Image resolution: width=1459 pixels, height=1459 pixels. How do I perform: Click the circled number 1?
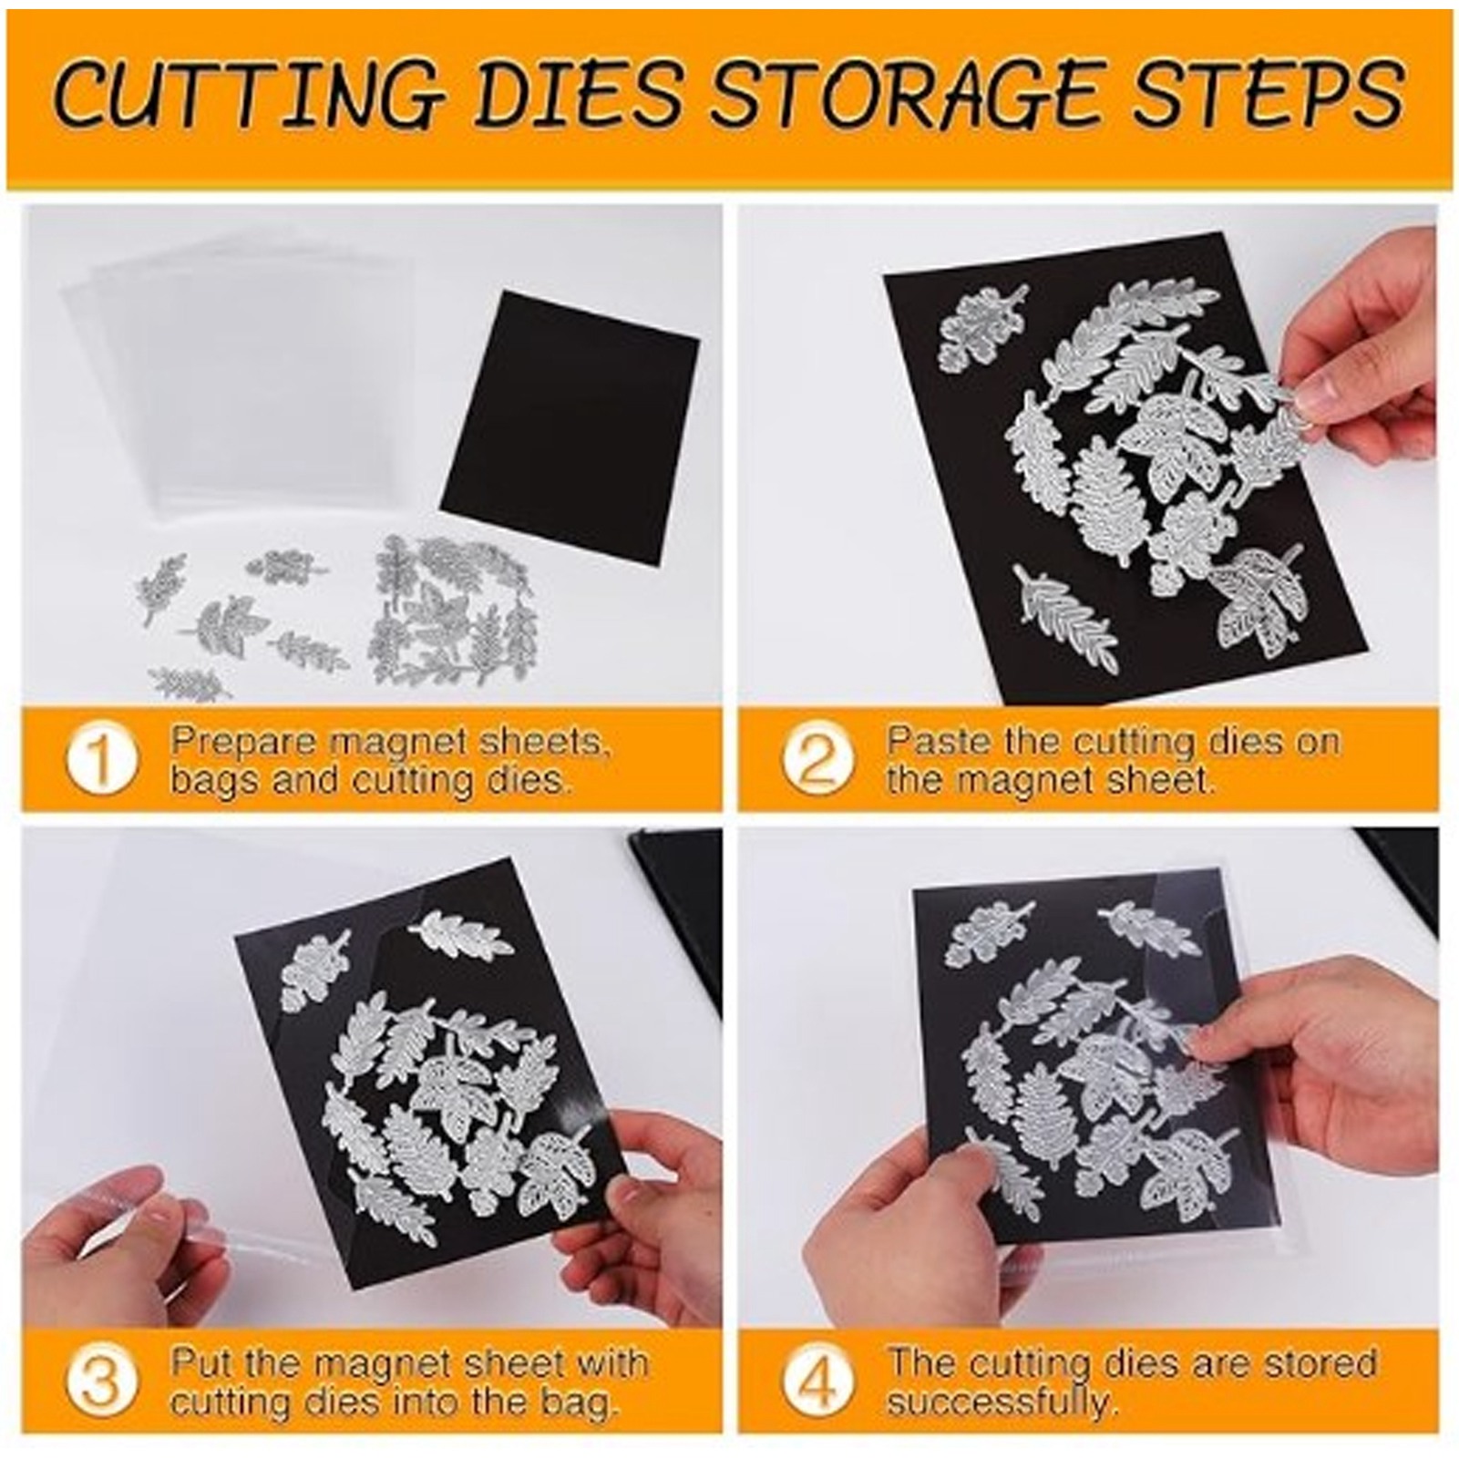point(101,759)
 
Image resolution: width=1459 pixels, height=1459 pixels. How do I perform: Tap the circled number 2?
point(817,759)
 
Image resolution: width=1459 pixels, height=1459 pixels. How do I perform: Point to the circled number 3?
point(101,1382)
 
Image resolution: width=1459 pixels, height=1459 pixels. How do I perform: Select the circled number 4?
point(817,1382)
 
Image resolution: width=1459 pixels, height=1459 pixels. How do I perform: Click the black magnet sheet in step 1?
point(570,428)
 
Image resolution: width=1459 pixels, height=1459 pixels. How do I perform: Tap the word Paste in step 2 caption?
point(940,740)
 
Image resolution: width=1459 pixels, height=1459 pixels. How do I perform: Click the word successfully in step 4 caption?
point(1001,1402)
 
